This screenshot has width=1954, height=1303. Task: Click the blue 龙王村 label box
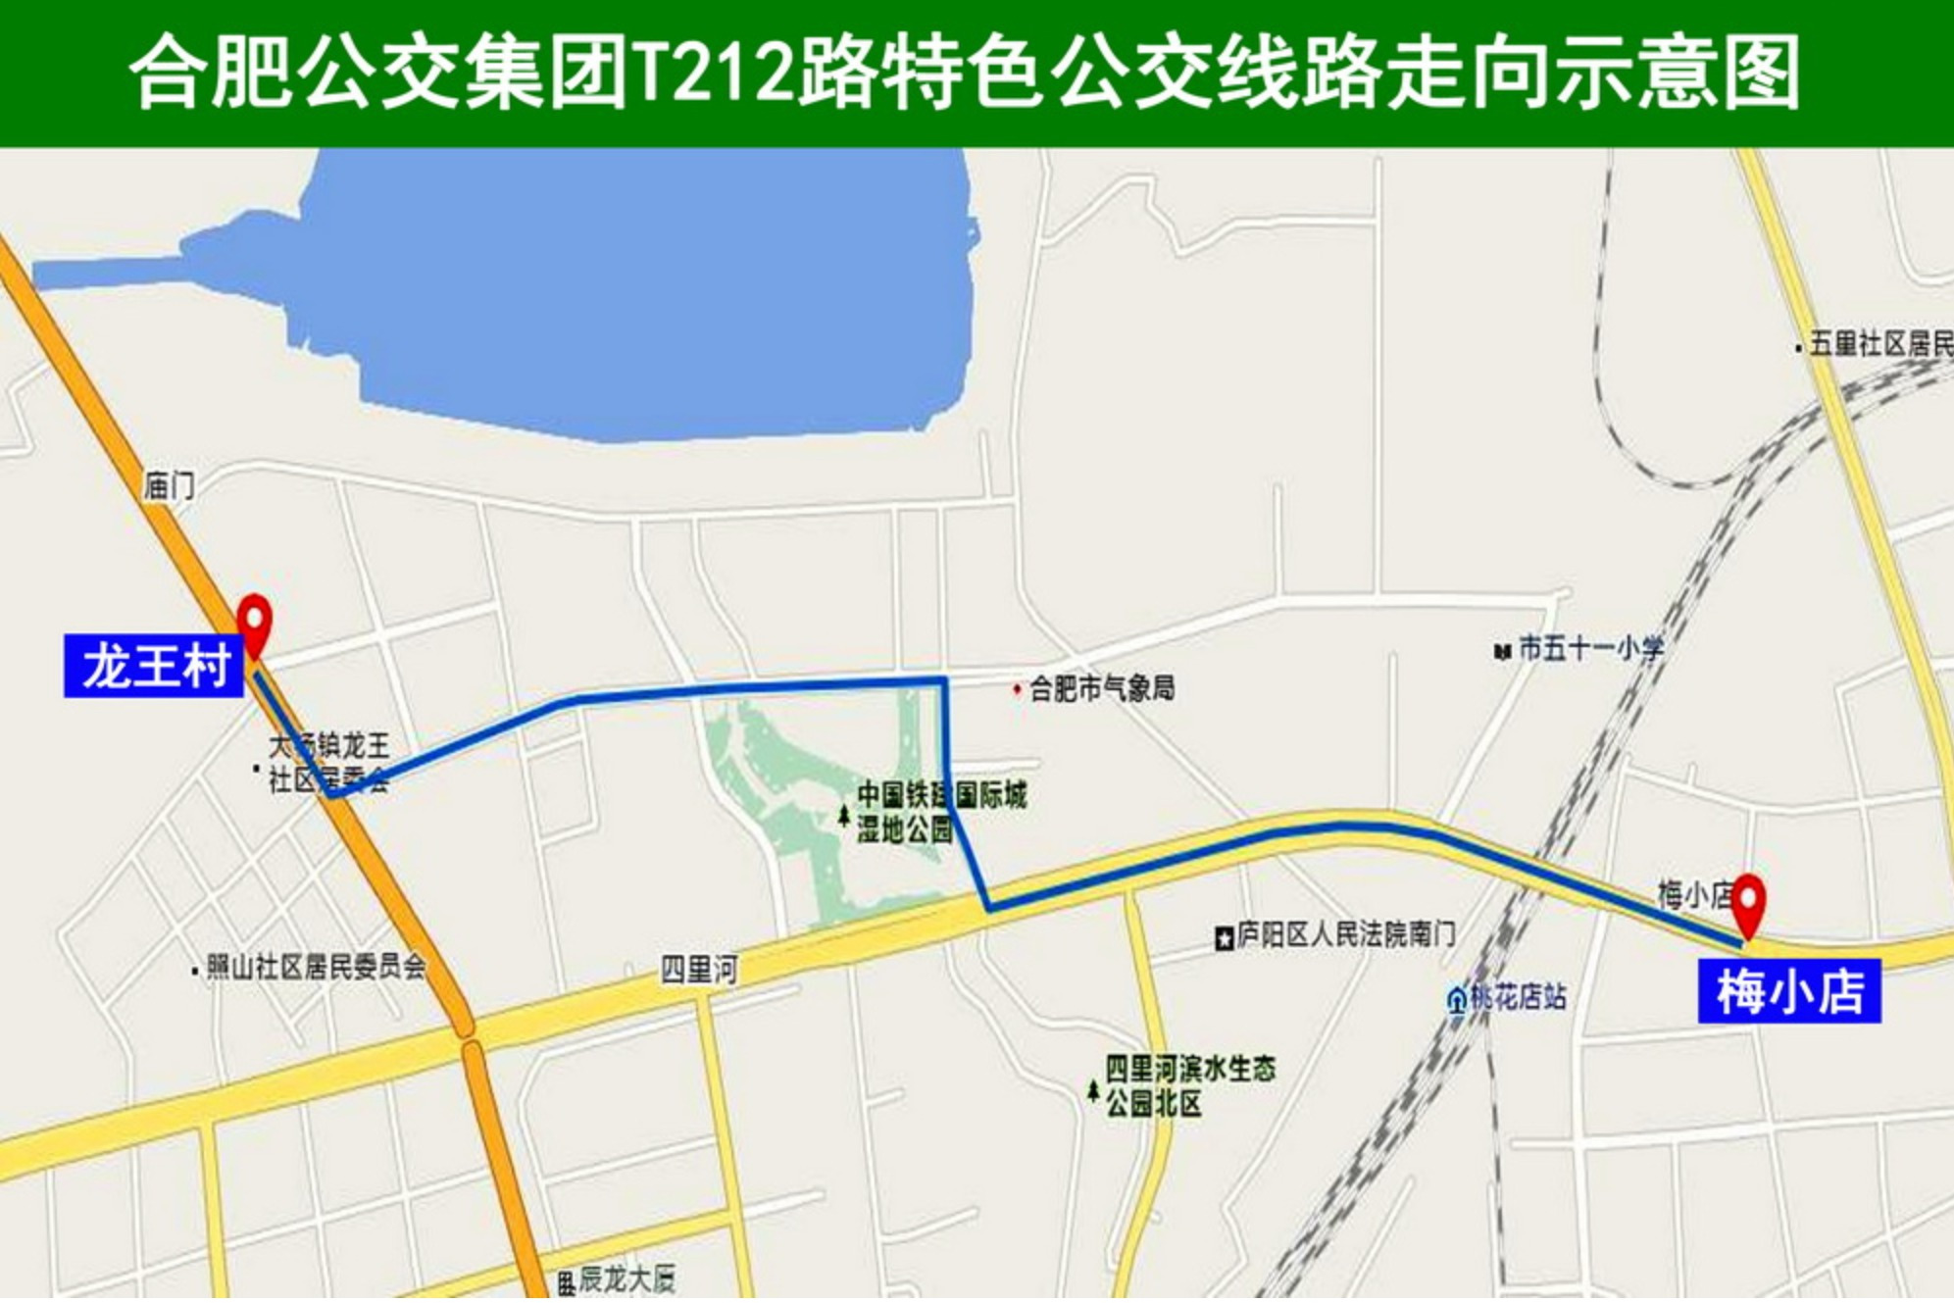pyautogui.click(x=154, y=666)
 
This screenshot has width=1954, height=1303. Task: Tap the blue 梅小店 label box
pyautogui.click(x=1789, y=991)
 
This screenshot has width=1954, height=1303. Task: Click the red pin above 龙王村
pyautogui.click(x=255, y=623)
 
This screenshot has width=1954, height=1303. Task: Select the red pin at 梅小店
pyautogui.click(x=1748, y=902)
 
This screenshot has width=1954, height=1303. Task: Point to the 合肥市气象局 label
pyautogui.click(x=1101, y=689)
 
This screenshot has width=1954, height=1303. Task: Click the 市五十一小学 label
pyautogui.click(x=1589, y=648)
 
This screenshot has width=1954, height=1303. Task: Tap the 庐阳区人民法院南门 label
pyautogui.click(x=1345, y=934)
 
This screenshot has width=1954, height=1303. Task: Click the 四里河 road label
pyautogui.click(x=699, y=970)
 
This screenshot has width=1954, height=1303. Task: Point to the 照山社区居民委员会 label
pyautogui.click(x=316, y=968)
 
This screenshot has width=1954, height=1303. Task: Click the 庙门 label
pyautogui.click(x=169, y=485)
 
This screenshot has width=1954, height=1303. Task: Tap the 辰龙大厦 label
pyautogui.click(x=626, y=1278)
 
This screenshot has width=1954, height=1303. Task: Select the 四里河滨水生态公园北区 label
pyautogui.click(x=1190, y=1085)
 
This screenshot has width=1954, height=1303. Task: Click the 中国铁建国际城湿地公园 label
pyautogui.click(x=941, y=812)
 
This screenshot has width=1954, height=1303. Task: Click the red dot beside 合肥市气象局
pyautogui.click(x=1017, y=689)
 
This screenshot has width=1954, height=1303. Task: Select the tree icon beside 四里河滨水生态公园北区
pyautogui.click(x=1093, y=1089)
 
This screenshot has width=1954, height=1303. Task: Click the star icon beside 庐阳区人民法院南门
pyautogui.click(x=1224, y=939)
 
